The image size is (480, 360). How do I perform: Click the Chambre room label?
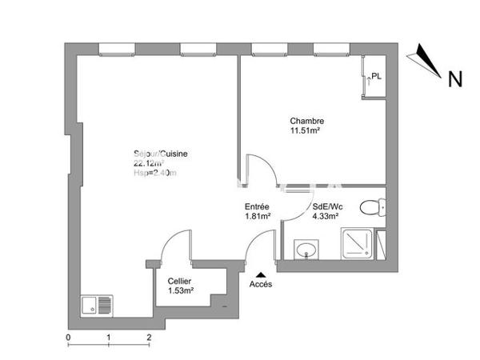(306, 122)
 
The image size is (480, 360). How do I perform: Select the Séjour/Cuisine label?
(160, 154)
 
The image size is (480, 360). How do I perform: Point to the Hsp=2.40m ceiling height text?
(154, 174)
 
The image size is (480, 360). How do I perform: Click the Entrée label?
(257, 206)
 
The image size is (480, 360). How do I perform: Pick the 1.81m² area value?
(257, 216)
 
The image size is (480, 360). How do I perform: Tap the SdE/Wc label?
(324, 206)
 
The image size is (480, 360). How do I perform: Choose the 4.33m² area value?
(324, 216)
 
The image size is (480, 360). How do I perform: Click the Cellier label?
(179, 281)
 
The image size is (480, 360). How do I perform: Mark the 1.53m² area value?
(181, 290)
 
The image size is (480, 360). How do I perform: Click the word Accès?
(260, 284)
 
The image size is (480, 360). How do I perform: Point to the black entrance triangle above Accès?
(259, 274)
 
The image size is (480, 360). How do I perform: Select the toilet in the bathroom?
(372, 209)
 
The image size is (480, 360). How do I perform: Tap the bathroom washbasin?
(306, 250)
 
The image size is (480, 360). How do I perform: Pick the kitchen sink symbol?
(97, 306)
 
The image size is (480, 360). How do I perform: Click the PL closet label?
(376, 77)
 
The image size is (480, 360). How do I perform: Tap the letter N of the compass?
(454, 79)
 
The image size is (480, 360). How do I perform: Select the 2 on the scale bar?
(149, 338)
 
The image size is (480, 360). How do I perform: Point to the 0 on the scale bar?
(68, 338)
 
